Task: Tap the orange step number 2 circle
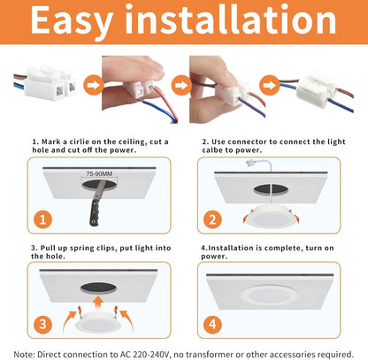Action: pyautogui.click(x=212, y=218)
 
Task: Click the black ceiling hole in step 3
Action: pyautogui.click(x=103, y=288)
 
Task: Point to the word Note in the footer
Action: pyautogui.click(x=27, y=353)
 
